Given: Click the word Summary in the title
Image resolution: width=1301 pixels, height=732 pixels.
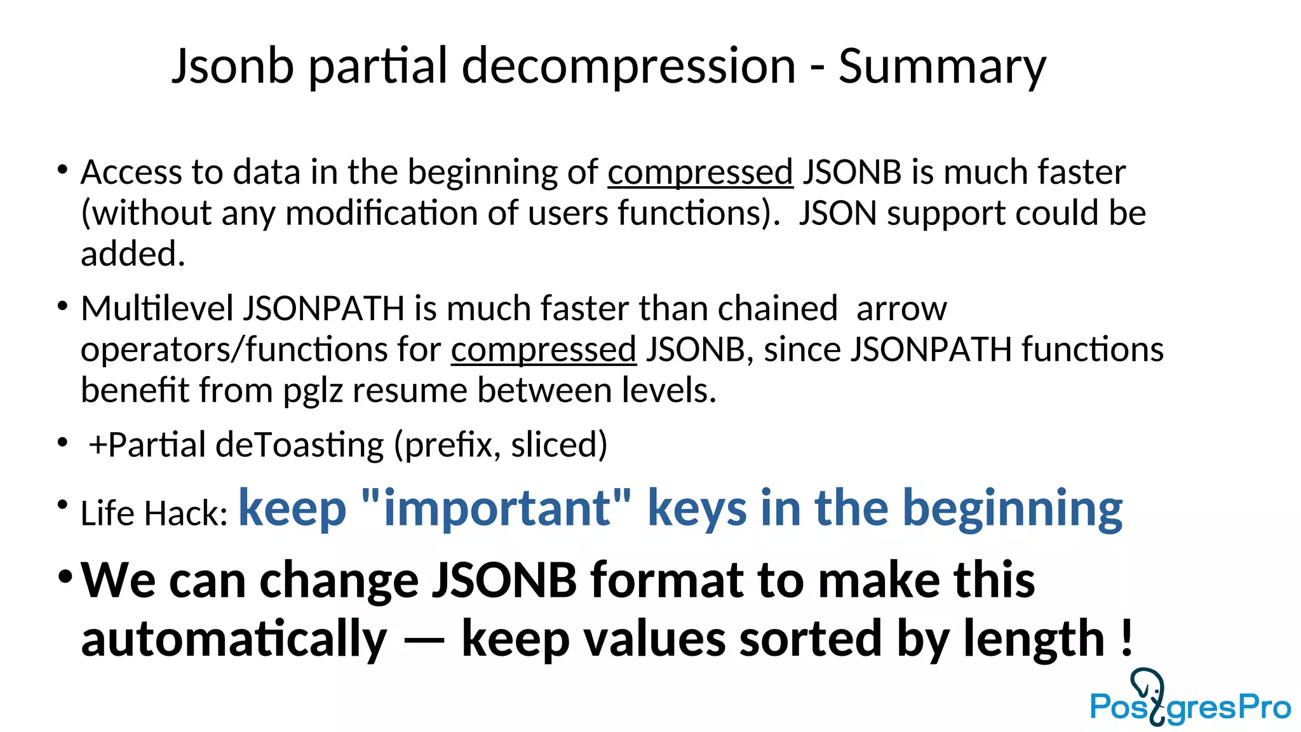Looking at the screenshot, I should coord(941,66).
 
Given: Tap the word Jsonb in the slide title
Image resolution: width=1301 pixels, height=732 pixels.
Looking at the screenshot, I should coord(233,66).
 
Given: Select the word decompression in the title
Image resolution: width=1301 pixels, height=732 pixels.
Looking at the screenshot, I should coord(628,66).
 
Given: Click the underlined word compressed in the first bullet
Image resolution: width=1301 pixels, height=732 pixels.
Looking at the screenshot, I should coord(700,173).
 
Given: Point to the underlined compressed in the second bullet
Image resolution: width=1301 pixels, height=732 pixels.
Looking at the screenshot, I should coord(543,350).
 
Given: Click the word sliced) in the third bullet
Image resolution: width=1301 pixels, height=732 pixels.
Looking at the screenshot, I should coord(559,445).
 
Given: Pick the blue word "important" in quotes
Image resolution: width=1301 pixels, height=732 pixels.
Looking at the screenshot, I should coord(496,508).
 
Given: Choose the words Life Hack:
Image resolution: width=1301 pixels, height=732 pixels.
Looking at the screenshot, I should coord(154,513).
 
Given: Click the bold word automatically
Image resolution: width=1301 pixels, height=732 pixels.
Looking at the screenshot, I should coord(234,639).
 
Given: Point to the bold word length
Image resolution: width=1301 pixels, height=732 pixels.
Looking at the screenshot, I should coord(1034,638).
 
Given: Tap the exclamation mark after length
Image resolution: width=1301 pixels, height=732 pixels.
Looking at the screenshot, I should coord(1126,638).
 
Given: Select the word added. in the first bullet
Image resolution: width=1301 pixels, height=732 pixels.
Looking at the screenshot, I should coord(133,254).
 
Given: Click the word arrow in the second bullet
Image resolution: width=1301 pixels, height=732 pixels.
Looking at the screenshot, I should coord(901,309).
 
